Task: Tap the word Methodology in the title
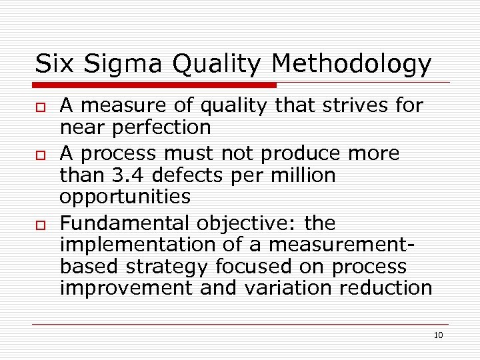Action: point(351,64)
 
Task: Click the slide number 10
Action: point(438,335)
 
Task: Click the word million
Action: point(301,175)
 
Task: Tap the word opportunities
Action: point(125,197)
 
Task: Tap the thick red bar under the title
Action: point(155,85)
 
